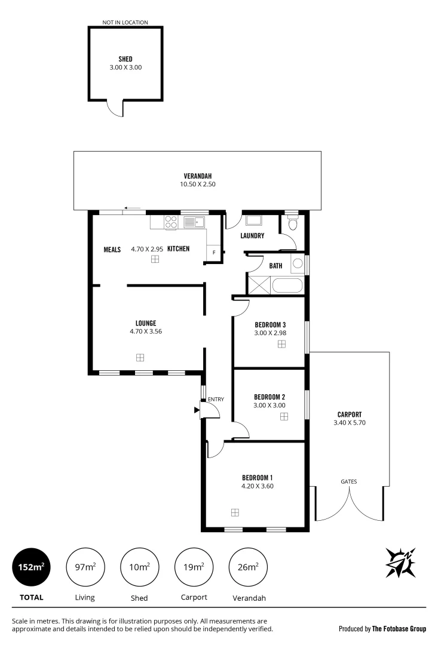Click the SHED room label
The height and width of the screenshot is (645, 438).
click(x=125, y=59)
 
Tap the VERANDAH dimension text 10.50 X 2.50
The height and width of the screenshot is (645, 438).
click(x=197, y=185)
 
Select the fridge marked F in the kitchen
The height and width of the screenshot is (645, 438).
click(x=214, y=252)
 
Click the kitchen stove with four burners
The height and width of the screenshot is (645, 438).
click(x=171, y=222)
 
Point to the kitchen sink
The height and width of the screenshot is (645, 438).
click(x=194, y=223)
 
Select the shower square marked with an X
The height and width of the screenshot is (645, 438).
click(x=259, y=284)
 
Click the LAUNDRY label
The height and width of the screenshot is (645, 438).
click(x=252, y=236)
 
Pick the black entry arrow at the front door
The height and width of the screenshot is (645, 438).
click(x=197, y=410)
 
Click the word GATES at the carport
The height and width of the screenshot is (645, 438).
click(x=349, y=481)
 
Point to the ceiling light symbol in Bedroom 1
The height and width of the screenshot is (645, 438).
click(x=235, y=512)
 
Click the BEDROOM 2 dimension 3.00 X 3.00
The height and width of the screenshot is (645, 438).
click(x=269, y=405)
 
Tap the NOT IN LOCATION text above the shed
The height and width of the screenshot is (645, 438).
click(x=125, y=23)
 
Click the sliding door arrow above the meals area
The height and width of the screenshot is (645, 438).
click(x=133, y=208)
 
